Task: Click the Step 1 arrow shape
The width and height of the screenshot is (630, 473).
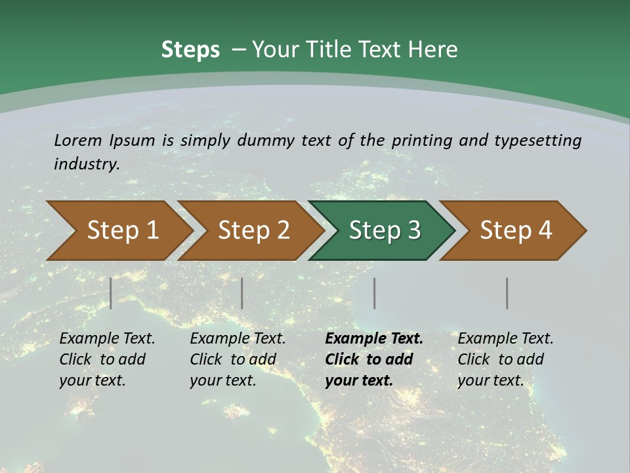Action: click(122, 231)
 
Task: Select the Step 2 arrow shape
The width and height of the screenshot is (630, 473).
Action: click(253, 231)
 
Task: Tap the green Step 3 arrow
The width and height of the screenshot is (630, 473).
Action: click(384, 231)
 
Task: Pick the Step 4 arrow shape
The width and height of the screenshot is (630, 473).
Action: click(515, 231)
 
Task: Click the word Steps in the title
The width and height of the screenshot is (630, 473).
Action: click(190, 50)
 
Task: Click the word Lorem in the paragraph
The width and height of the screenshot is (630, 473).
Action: click(78, 141)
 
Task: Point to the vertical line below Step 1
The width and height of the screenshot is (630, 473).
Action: click(111, 293)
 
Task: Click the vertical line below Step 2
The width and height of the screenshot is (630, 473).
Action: click(242, 293)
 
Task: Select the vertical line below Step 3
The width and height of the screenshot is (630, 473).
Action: click(375, 293)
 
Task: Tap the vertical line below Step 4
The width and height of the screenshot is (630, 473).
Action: click(507, 293)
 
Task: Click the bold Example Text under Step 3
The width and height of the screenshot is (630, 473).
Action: click(374, 339)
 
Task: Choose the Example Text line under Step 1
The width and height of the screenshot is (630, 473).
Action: click(107, 339)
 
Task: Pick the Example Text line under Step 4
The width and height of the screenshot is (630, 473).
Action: click(505, 339)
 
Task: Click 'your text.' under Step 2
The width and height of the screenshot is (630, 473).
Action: click(222, 380)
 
